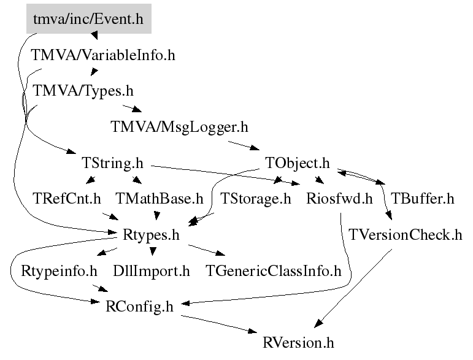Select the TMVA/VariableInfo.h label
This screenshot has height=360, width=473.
pos(104,56)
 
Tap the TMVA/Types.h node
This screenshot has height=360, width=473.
pos(83,91)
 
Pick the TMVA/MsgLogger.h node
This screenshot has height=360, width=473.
pos(179,127)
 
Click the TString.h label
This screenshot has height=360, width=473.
pos(112,164)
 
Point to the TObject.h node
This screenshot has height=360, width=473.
pos(298,164)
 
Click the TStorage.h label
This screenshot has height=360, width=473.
pos(256,199)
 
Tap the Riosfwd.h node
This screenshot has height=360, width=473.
pos(339,199)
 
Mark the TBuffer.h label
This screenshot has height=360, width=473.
pos(422,199)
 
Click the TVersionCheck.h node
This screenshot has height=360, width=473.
pos(406,235)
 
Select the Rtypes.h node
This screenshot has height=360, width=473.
pos(150,235)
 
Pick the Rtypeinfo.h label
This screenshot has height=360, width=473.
pos(60,270)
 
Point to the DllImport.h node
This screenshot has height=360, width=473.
pos(152,270)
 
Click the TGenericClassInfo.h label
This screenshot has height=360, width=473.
pos(274,270)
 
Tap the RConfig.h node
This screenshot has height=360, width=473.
pos(140,306)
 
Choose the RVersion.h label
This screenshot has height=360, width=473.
pos(298,342)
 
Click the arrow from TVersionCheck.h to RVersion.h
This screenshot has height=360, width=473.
pos(355,286)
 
